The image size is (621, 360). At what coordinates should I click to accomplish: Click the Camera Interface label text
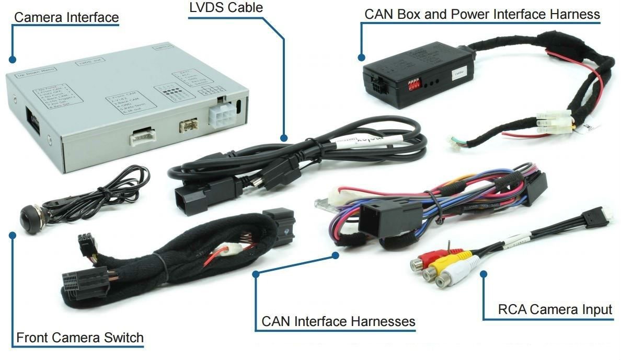click(x=66, y=17)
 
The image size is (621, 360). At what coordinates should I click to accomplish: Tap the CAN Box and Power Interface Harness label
click(x=481, y=14)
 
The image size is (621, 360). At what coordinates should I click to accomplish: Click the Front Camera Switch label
click(x=80, y=338)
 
